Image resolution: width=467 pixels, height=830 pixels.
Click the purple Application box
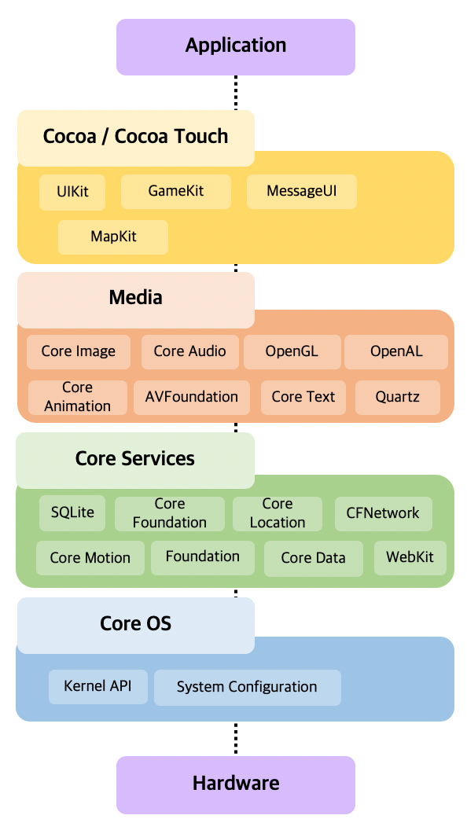pyautogui.click(x=236, y=46)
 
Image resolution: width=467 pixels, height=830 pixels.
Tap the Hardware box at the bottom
pyautogui.click(x=236, y=784)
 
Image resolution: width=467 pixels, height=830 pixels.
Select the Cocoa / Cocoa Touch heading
pyautogui.click(x=135, y=138)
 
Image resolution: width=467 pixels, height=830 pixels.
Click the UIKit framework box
pyautogui.click(x=72, y=192)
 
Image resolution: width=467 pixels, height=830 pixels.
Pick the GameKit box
pyautogui.click(x=175, y=192)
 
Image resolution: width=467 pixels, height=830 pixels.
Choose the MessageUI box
pyautogui.click(x=301, y=192)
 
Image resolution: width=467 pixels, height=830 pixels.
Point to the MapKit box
pyautogui.click(x=113, y=237)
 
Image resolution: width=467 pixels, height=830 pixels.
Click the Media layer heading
pyautogui.click(x=135, y=299)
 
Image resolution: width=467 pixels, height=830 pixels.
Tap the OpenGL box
pyautogui.click(x=292, y=352)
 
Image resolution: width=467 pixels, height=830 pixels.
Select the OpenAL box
pyautogui.click(x=396, y=352)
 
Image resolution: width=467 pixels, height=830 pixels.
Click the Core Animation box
pyautogui.click(x=77, y=397)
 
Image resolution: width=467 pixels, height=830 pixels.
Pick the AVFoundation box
pyautogui.click(x=191, y=397)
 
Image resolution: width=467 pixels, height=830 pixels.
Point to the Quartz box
pyautogui.click(x=397, y=397)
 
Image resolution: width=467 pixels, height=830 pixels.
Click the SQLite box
pyautogui.click(x=72, y=513)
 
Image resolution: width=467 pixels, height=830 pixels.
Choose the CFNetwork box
pyautogui.click(x=383, y=513)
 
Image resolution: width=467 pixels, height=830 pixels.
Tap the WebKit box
pyautogui.click(x=410, y=558)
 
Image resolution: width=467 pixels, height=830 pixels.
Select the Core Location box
pyautogui.click(x=277, y=513)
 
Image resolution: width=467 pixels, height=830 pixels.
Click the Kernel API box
pyautogui.click(x=97, y=687)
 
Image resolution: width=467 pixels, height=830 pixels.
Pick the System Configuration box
pyautogui.click(x=247, y=688)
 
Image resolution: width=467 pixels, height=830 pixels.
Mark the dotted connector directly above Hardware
pyautogui.click(x=235, y=738)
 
